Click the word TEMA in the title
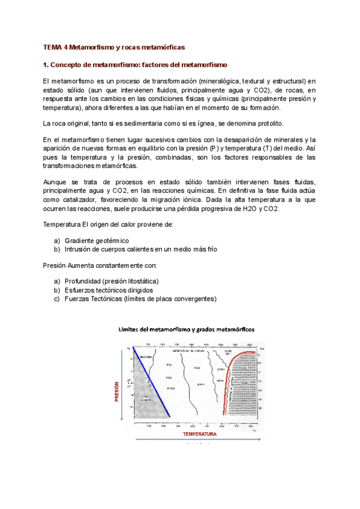(x=53, y=46)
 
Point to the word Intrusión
(x=80, y=248)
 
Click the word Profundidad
(x=83, y=281)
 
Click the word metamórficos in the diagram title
(x=236, y=330)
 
